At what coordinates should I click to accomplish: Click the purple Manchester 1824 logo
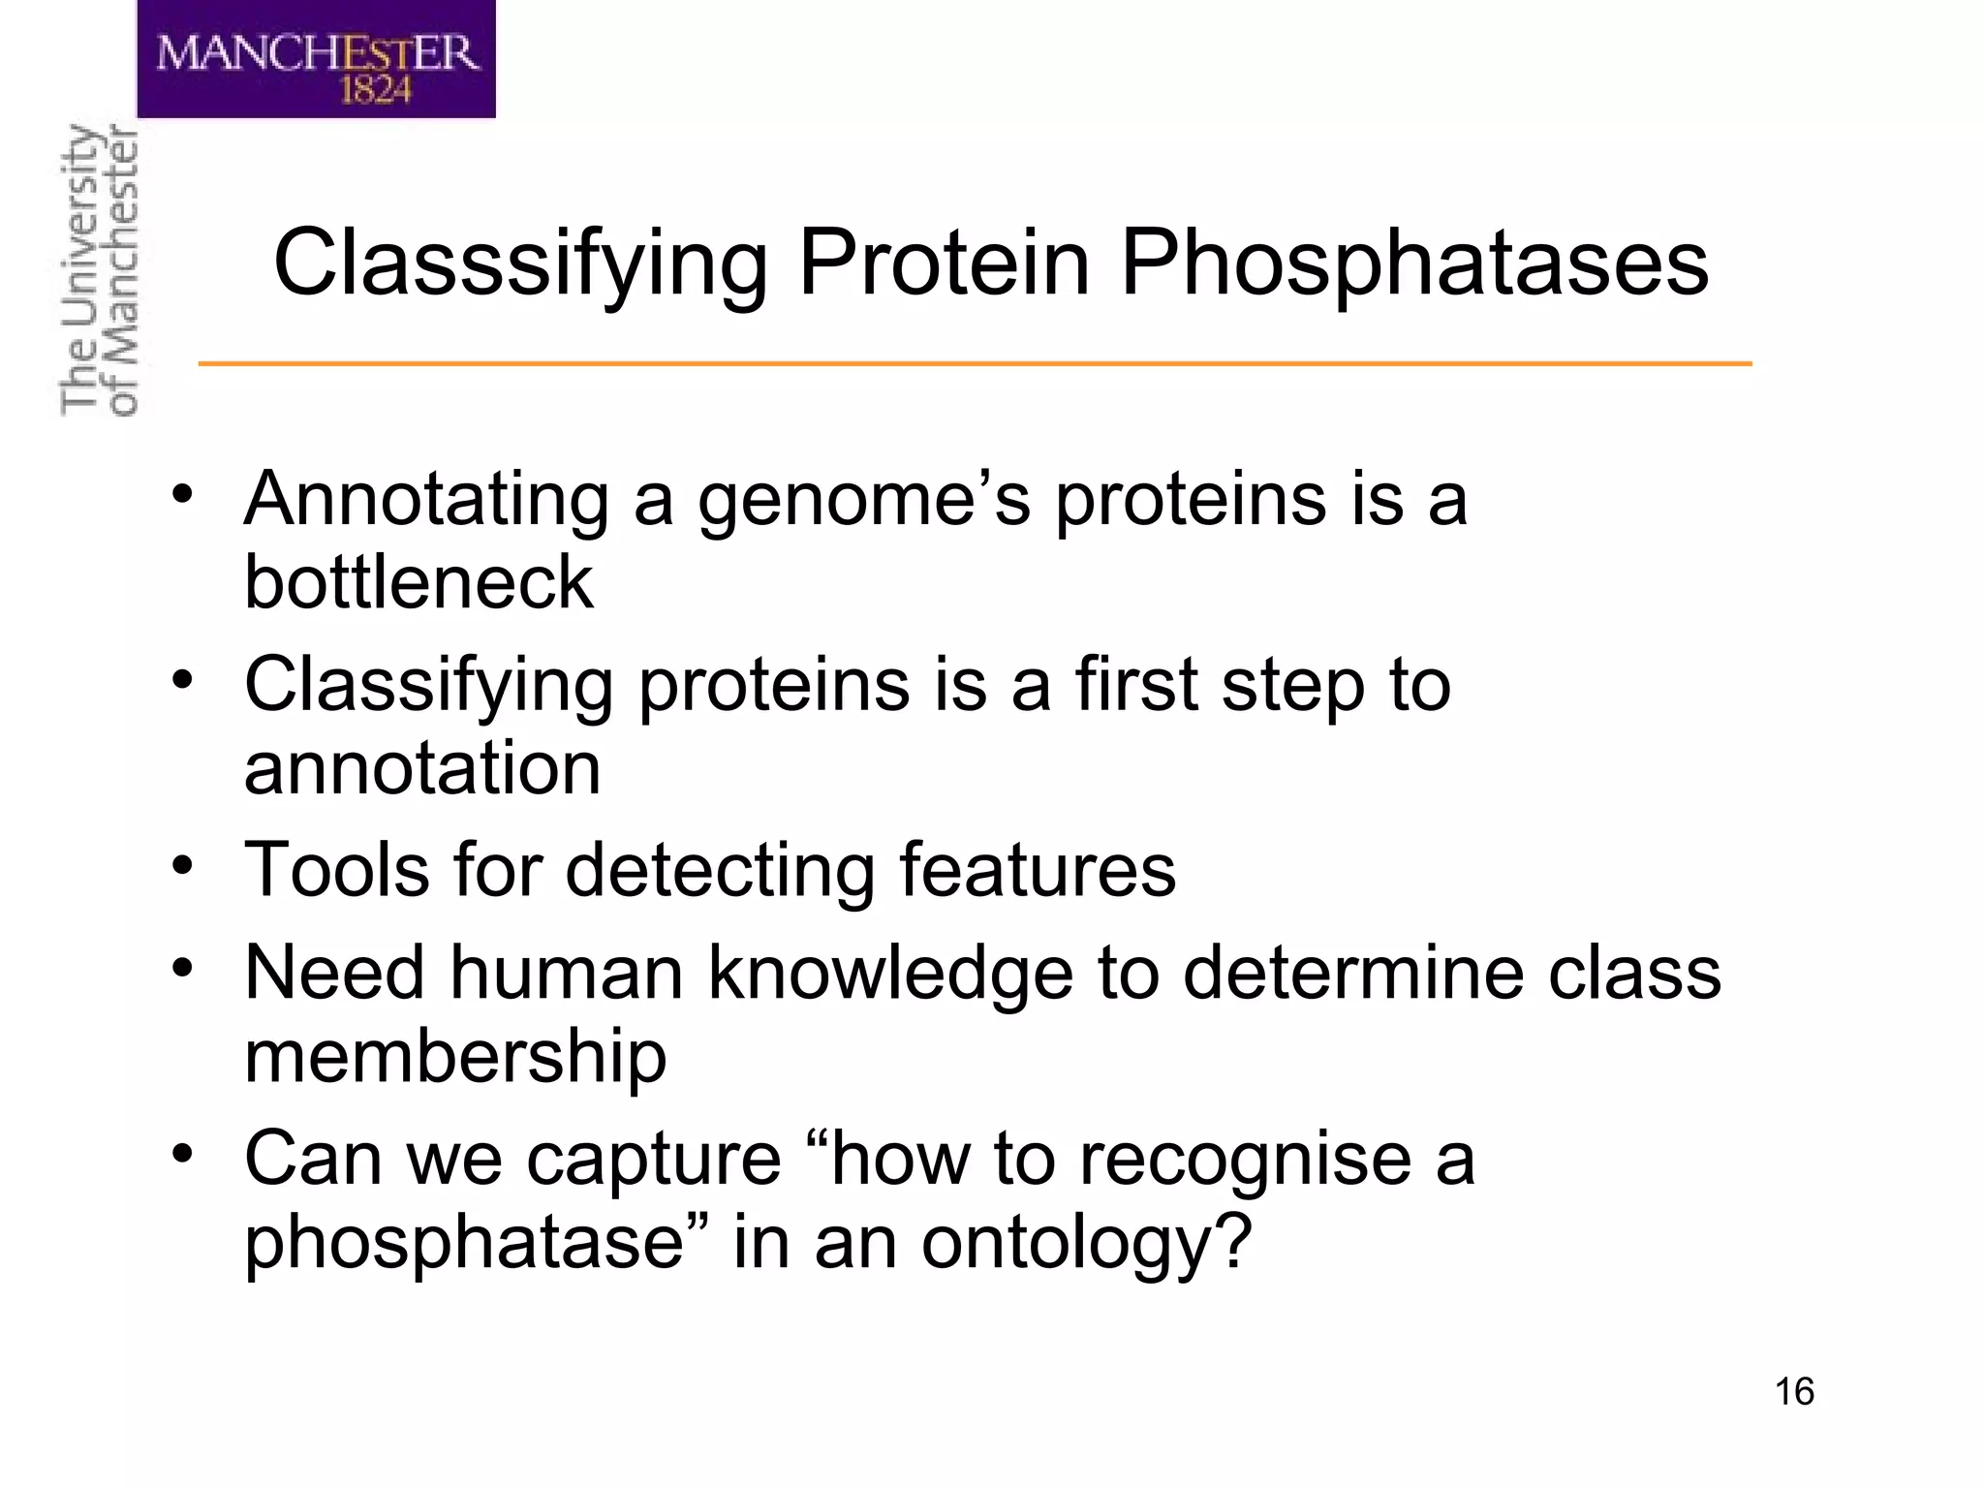point(316,58)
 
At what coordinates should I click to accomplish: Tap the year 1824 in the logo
point(376,91)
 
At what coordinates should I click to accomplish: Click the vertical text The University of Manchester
point(99,271)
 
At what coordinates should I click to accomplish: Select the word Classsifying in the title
point(520,263)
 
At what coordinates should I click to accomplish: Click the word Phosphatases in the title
point(1413,263)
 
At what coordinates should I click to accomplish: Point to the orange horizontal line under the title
point(975,363)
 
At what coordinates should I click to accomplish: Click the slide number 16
point(1793,1392)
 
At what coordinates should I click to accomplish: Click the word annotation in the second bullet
point(422,768)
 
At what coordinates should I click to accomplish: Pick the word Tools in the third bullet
point(336,869)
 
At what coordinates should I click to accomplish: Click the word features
point(1038,869)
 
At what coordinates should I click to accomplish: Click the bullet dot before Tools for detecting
point(183,865)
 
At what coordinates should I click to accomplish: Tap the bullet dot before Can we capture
point(183,1154)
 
